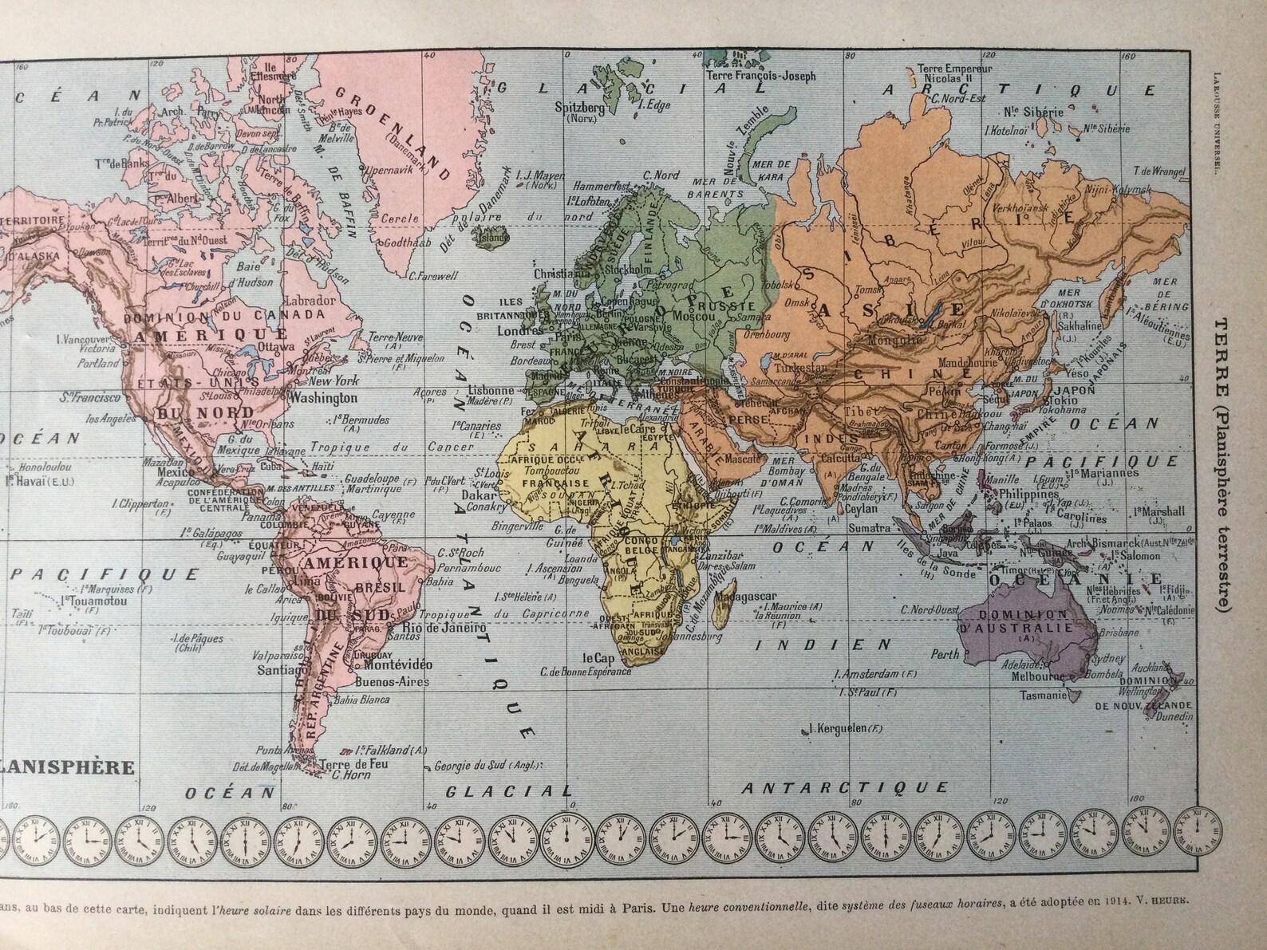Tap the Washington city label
pos(323,396)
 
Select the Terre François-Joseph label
pos(762,77)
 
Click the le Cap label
pos(597,659)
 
